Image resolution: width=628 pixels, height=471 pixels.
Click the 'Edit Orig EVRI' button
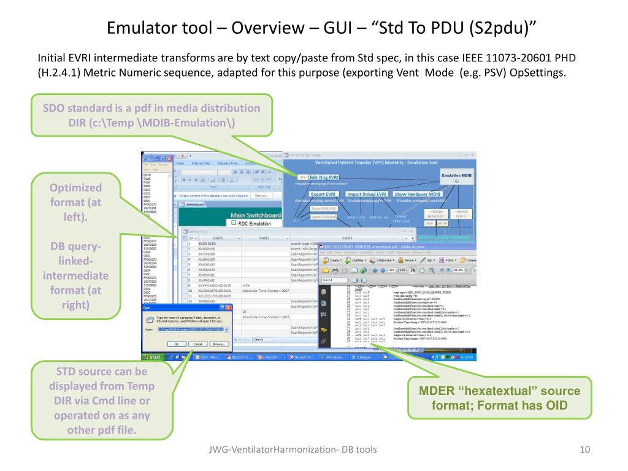coord(323,177)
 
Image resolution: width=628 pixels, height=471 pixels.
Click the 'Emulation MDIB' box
coord(457,178)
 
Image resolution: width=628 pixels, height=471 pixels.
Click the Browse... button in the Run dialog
coord(220,344)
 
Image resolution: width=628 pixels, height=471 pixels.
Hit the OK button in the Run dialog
coord(175,344)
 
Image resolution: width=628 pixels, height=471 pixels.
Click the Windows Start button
coord(152,357)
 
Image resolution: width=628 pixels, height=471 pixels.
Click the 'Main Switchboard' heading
coord(255,215)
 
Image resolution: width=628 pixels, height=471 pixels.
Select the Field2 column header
coord(265,237)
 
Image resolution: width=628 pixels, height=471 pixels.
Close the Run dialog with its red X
coord(228,307)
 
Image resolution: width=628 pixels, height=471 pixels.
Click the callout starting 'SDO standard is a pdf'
coord(151,115)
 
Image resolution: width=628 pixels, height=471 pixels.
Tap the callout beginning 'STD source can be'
coord(102,400)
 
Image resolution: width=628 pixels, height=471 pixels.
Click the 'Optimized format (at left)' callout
coord(76,246)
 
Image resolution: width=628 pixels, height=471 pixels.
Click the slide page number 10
coord(584,451)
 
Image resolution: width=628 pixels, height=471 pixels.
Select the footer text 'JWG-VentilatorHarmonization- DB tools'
coord(292,451)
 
